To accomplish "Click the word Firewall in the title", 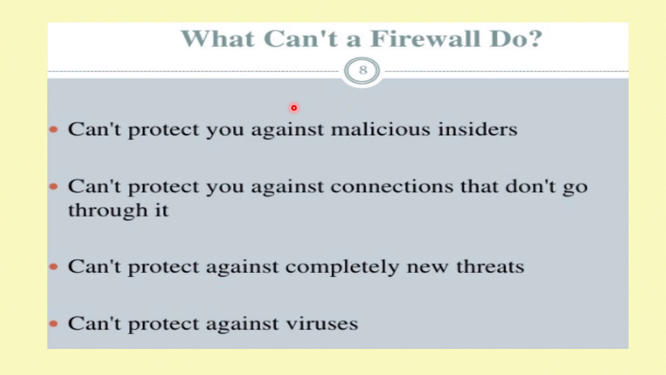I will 425,39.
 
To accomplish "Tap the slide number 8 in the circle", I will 363,70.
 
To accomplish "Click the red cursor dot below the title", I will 294,108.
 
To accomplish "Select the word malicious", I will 380,129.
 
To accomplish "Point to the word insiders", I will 477,129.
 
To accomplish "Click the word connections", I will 391,186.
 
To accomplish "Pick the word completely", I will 342,267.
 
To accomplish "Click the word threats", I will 490,266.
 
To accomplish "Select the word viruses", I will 322,323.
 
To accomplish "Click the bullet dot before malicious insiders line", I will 54,129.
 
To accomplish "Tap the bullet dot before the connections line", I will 54,186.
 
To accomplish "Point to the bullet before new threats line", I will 54,267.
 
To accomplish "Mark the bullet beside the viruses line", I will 54,323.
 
